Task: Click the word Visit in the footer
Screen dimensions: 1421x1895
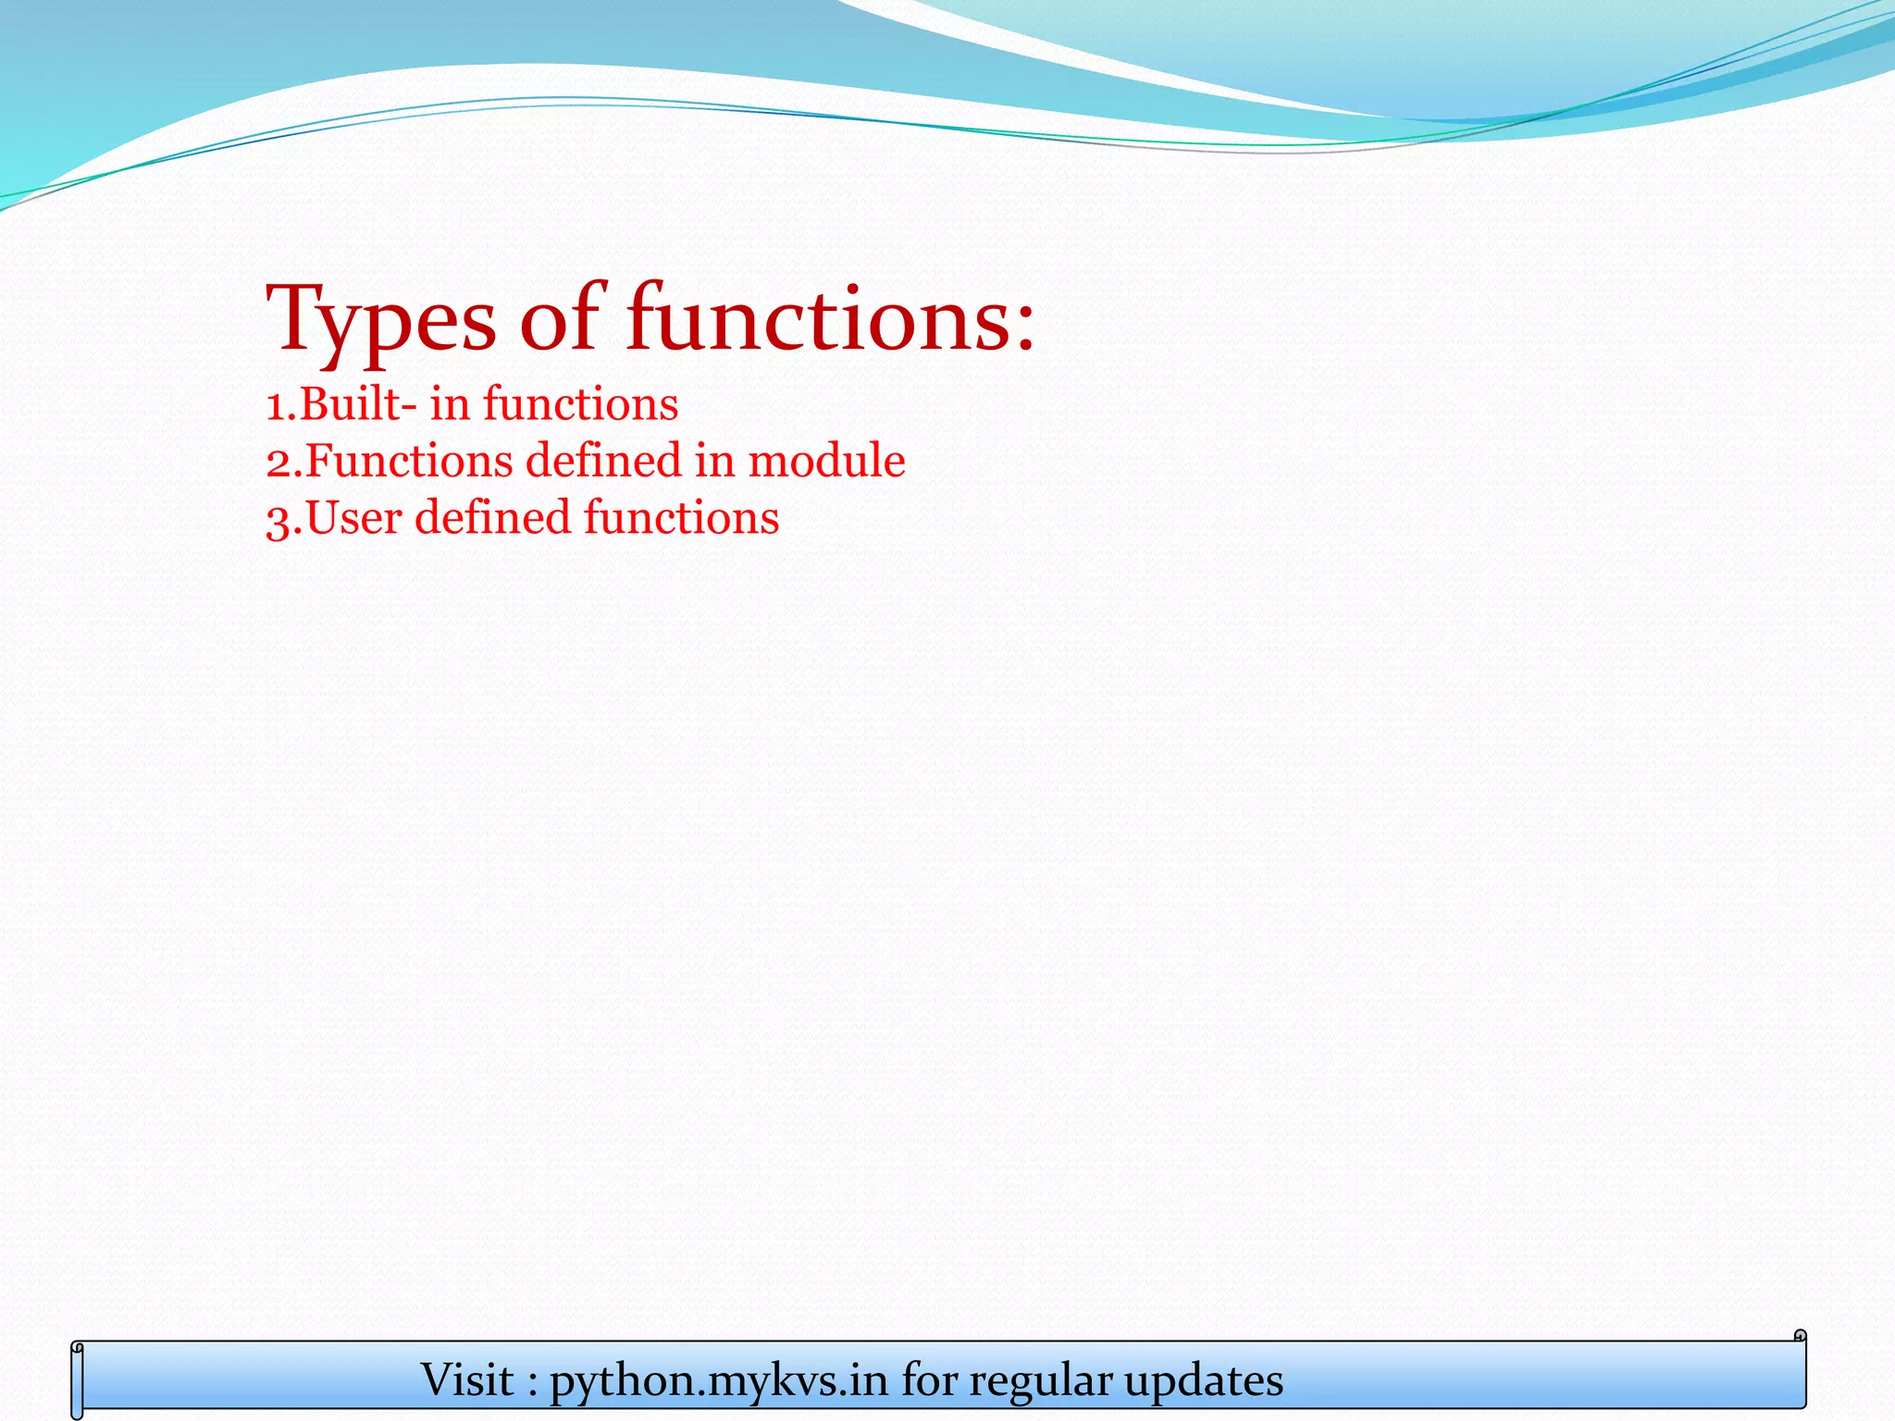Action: tap(467, 1379)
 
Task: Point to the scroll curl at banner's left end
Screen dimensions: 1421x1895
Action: tap(78, 1378)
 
